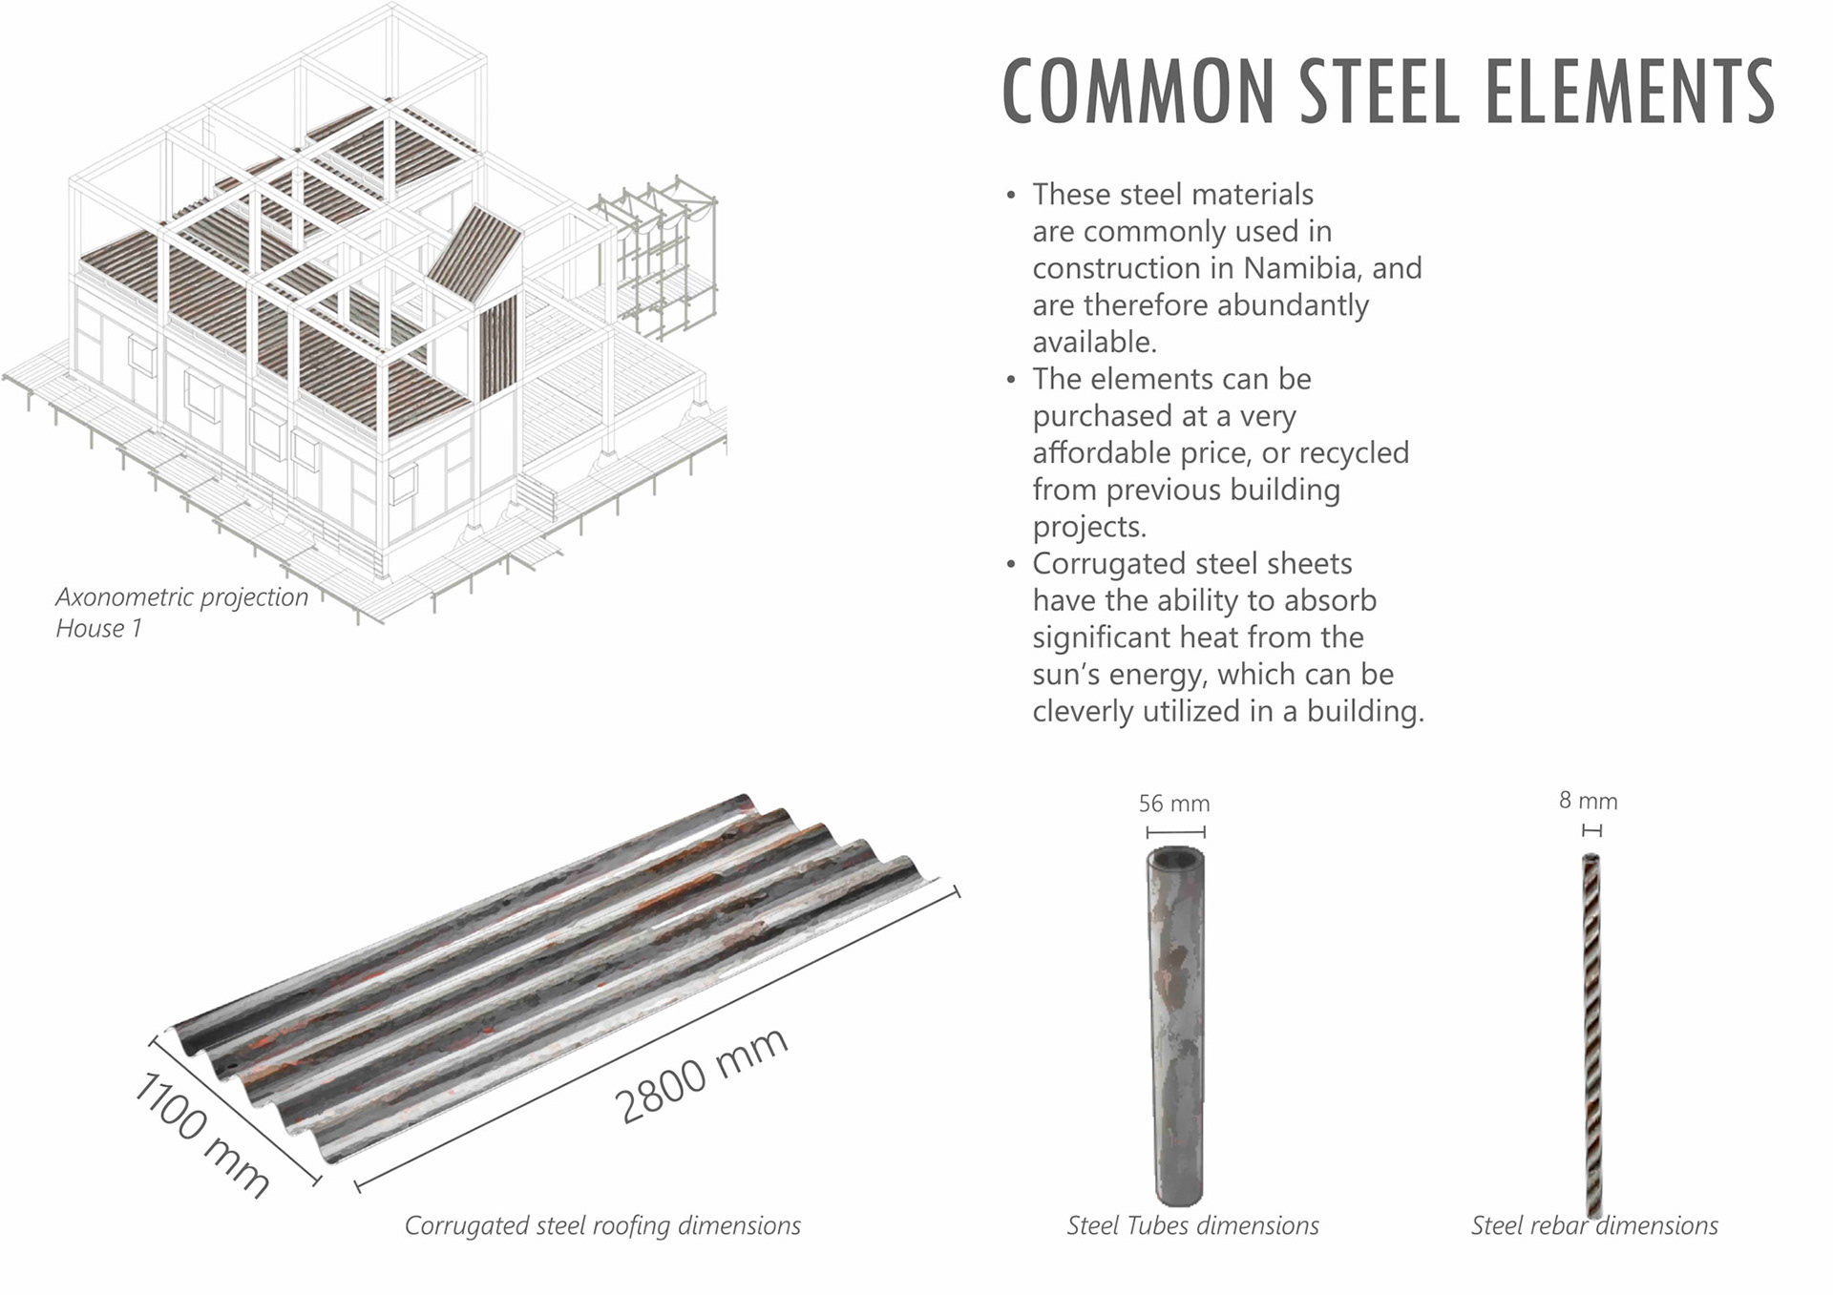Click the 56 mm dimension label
click(1173, 804)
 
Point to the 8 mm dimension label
click(1588, 801)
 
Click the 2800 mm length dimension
click(701, 1076)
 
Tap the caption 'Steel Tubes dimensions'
click(1192, 1225)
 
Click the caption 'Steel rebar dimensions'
click(1593, 1225)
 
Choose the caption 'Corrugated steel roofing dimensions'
click(602, 1225)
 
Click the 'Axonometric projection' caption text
click(181, 597)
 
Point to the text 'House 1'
click(98, 629)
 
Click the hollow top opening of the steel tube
click(1175, 857)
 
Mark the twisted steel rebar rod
click(1591, 1031)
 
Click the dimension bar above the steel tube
click(1175, 831)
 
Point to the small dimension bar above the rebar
click(1591, 830)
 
